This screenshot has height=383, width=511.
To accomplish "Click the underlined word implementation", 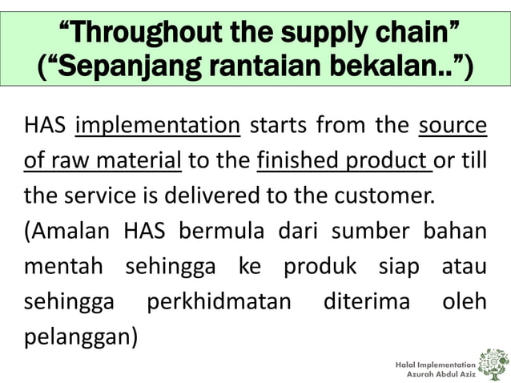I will [x=158, y=127].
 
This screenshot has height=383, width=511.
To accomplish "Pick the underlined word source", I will [x=453, y=127].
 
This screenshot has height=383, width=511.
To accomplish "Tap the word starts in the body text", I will [x=279, y=127].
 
